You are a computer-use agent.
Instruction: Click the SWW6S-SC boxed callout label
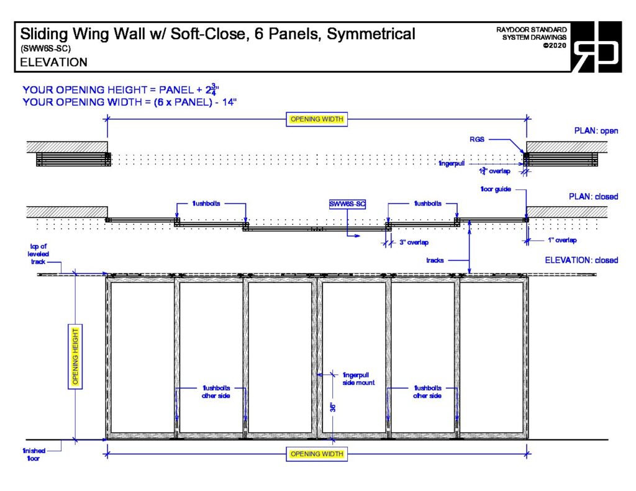tap(347, 204)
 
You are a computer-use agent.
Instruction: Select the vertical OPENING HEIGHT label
tap(75, 356)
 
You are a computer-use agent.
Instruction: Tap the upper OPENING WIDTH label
tap(316, 119)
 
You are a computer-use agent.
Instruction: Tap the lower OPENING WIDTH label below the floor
tap(316, 454)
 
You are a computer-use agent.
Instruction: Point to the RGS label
tap(477, 140)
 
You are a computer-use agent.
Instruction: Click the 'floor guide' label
tap(494, 189)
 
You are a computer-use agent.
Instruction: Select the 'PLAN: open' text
tap(596, 131)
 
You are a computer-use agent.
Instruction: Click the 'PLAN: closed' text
tap(594, 197)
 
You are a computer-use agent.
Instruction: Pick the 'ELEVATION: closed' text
tap(581, 260)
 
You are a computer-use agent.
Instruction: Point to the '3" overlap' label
tap(414, 243)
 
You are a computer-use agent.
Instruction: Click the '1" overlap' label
tap(561, 240)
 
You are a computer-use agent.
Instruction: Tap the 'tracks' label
tap(435, 261)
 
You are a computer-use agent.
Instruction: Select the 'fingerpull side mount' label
tap(358, 379)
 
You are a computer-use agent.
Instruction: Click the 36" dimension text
tap(333, 407)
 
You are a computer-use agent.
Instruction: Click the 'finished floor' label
tap(32, 454)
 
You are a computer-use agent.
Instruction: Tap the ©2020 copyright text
tap(554, 45)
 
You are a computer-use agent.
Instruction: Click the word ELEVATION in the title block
tap(53, 63)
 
